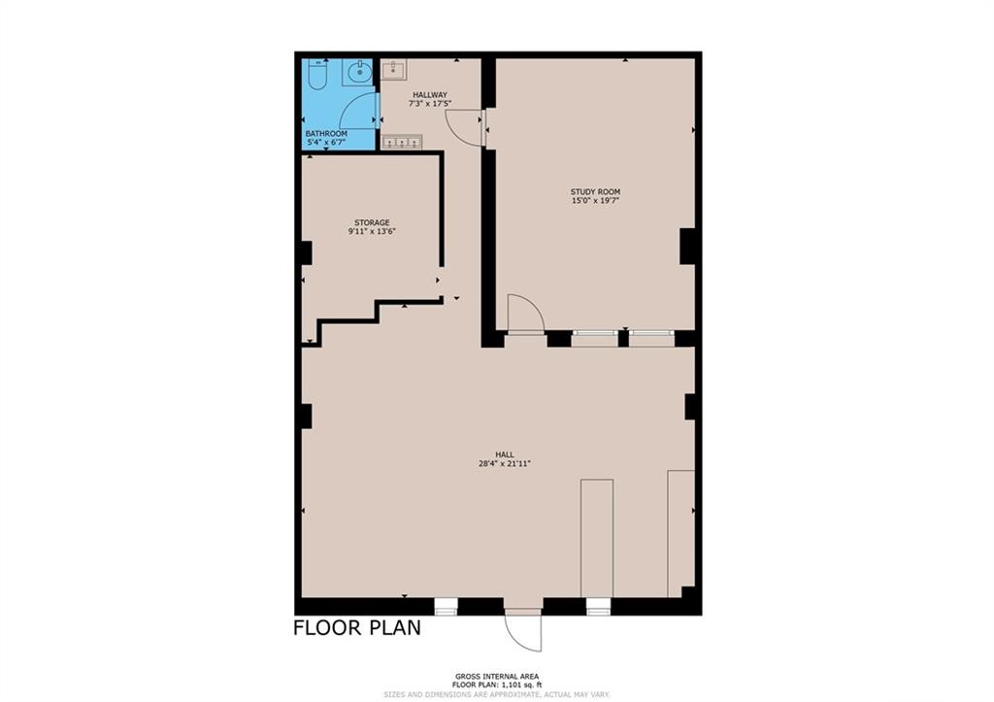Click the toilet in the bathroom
[x=317, y=74]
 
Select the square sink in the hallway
[x=394, y=70]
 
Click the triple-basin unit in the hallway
[x=402, y=142]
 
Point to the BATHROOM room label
[x=326, y=134]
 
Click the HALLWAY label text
[x=430, y=94]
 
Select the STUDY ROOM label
[x=595, y=191]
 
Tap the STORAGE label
[x=372, y=222]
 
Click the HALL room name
[x=505, y=454]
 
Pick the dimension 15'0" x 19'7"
[x=595, y=200]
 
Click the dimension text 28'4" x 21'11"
[x=505, y=463]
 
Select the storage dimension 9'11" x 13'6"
[x=372, y=231]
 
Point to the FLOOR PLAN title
[x=357, y=628]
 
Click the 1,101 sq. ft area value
[x=521, y=685]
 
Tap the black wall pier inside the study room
[x=687, y=246]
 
